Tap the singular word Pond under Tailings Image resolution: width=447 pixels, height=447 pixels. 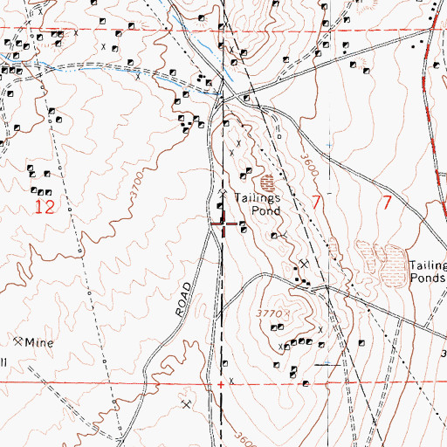click(x=265, y=211)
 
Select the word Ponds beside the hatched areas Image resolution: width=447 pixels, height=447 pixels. click(x=428, y=280)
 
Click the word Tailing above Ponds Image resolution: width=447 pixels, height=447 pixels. click(x=429, y=267)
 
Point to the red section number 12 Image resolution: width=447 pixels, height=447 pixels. click(x=44, y=207)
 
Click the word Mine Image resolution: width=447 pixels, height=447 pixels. click(x=38, y=343)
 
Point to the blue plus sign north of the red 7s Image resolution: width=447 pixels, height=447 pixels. click(x=329, y=144)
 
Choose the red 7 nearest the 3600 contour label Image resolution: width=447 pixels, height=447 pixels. click(x=316, y=203)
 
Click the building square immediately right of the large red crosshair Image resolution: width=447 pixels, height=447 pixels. click(x=242, y=230)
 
